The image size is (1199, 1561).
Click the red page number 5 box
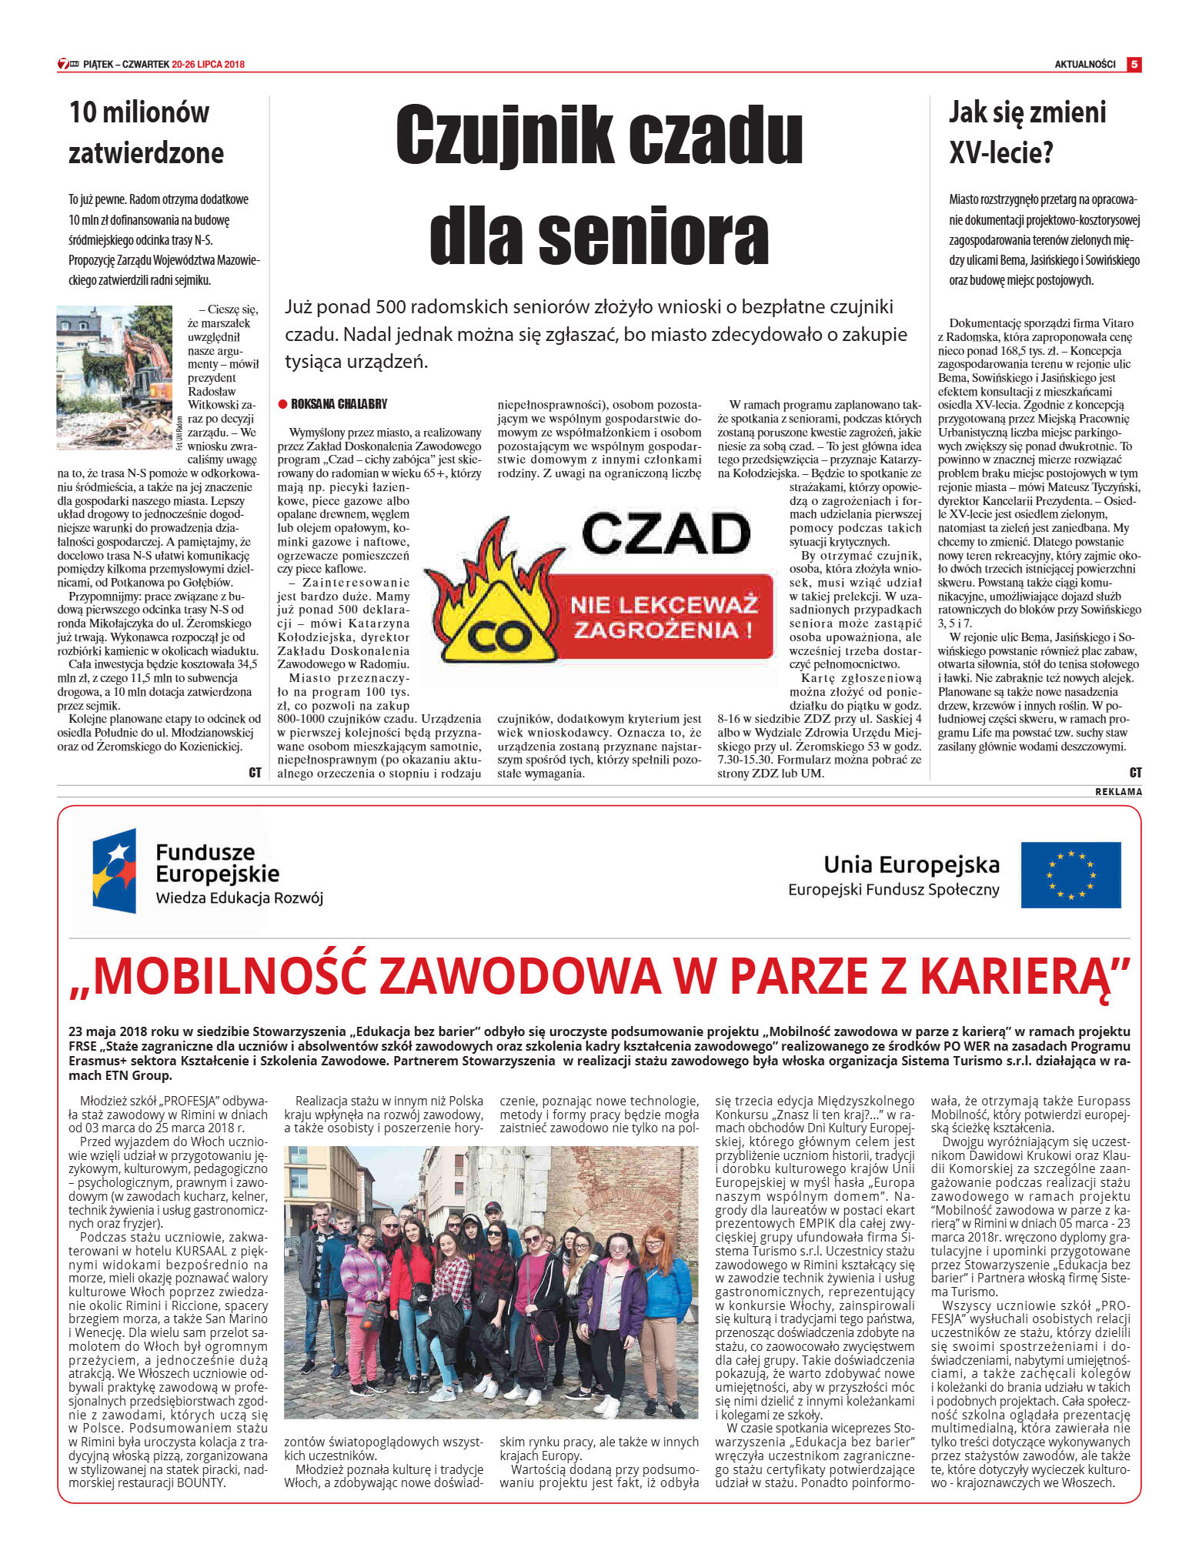tap(1134, 64)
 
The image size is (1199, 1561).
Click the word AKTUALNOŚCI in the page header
tap(1084, 65)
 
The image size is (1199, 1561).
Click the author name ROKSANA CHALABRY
tap(339, 404)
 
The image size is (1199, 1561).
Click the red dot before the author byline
tap(282, 404)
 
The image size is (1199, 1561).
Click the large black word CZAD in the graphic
tap(666, 533)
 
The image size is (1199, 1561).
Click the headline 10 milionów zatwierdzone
tap(146, 132)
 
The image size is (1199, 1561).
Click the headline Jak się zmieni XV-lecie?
tap(1027, 132)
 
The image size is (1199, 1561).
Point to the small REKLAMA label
tap(1118, 791)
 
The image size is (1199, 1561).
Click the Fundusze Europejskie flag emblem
tap(115, 870)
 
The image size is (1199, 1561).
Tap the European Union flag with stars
tap(1070, 874)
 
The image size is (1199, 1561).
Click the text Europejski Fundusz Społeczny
tap(893, 890)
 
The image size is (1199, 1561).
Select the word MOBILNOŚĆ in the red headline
tap(231, 975)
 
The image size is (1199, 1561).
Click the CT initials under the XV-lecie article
tap(1135, 772)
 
